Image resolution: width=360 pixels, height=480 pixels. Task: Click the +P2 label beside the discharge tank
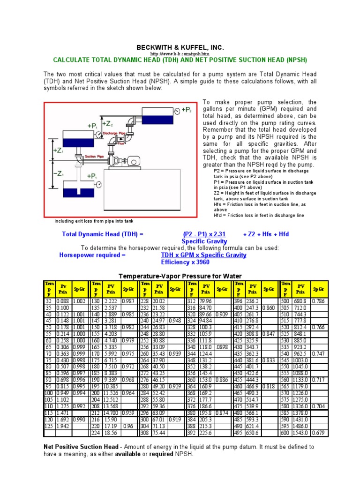point(187,110)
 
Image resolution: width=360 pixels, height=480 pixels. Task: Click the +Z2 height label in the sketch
point(107,124)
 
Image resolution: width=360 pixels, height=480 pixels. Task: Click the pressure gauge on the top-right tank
point(176,111)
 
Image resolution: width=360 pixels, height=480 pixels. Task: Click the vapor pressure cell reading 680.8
point(300,301)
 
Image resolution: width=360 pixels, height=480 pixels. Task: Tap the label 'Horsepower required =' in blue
point(92,255)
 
